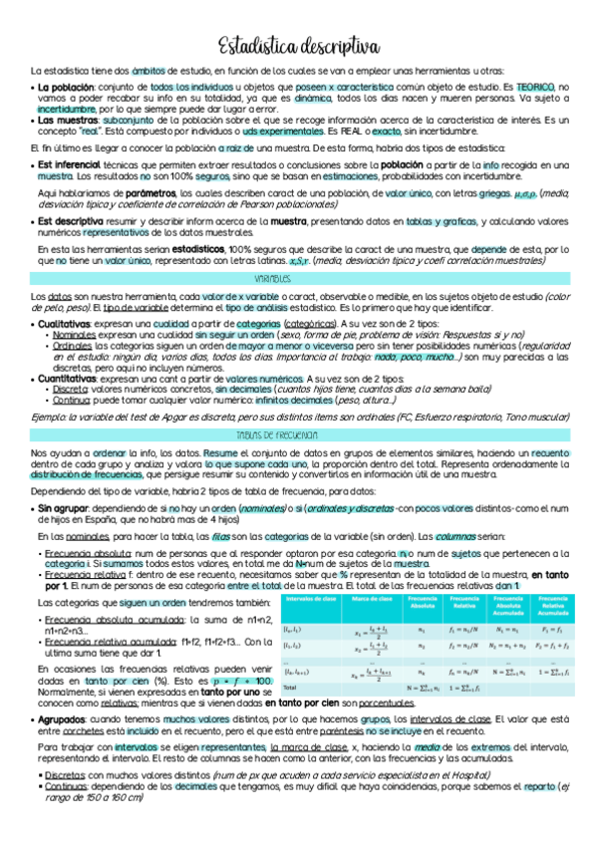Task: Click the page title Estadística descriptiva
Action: [298, 46]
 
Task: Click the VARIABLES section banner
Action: [298, 282]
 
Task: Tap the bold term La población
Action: [67, 88]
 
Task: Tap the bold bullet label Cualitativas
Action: [67, 324]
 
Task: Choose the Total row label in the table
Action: [291, 688]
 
